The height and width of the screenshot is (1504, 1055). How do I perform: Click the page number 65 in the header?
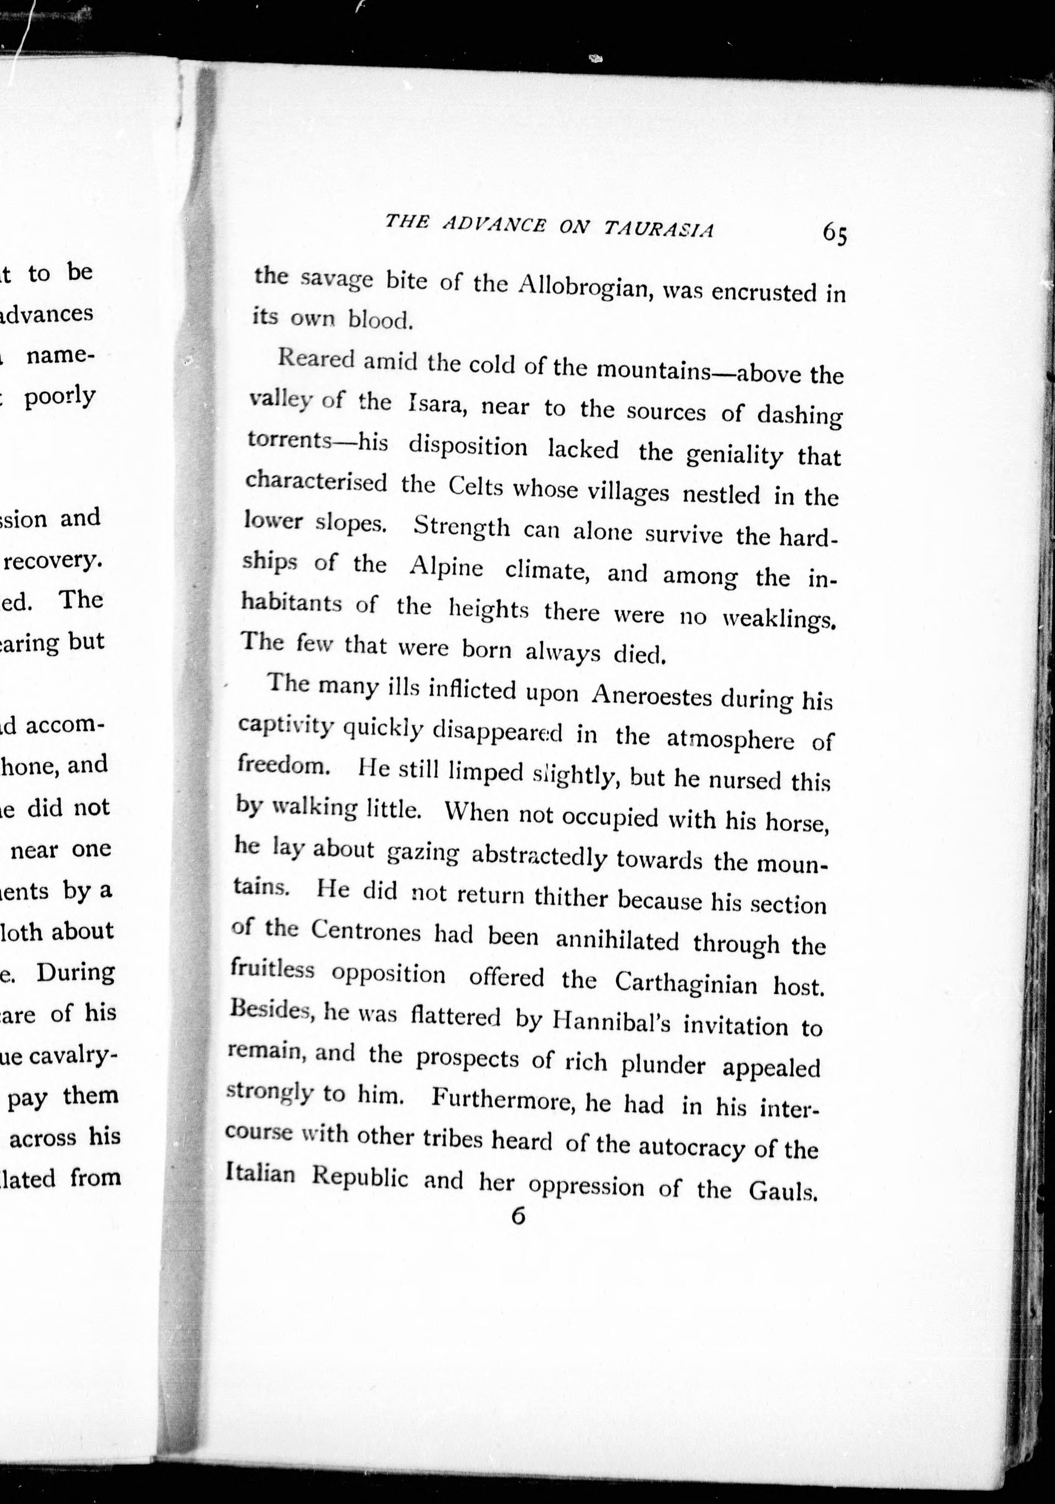pyautogui.click(x=835, y=233)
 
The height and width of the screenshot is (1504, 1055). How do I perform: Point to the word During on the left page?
pyautogui.click(x=75, y=972)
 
